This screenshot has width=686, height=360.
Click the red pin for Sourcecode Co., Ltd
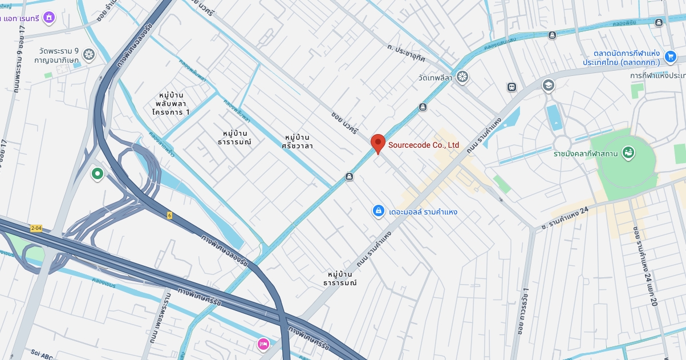pyautogui.click(x=378, y=143)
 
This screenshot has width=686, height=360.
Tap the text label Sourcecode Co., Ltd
pyautogui.click(x=424, y=145)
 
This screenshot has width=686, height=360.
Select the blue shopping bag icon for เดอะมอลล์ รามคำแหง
pyautogui.click(x=377, y=212)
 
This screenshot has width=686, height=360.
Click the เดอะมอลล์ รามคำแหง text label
pyautogui.click(x=423, y=212)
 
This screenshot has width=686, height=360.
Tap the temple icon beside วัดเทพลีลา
pyautogui.click(x=462, y=76)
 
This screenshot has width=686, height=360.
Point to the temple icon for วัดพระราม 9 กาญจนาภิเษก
pyautogui.click(x=88, y=54)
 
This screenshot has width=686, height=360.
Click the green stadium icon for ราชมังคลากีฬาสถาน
pyautogui.click(x=628, y=153)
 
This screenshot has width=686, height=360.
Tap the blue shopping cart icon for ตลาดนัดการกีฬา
pyautogui.click(x=670, y=56)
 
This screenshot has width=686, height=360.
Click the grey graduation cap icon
pyautogui.click(x=548, y=86)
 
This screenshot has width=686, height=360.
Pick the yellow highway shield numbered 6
pyautogui.click(x=169, y=215)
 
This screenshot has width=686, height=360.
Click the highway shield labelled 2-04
pyautogui.click(x=36, y=228)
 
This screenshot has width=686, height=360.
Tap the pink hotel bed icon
pyautogui.click(x=263, y=343)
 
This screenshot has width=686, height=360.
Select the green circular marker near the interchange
pyautogui.click(x=97, y=173)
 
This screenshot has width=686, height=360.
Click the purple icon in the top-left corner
pyautogui.click(x=50, y=18)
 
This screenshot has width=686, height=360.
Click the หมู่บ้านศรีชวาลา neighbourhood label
pyautogui.click(x=297, y=141)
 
